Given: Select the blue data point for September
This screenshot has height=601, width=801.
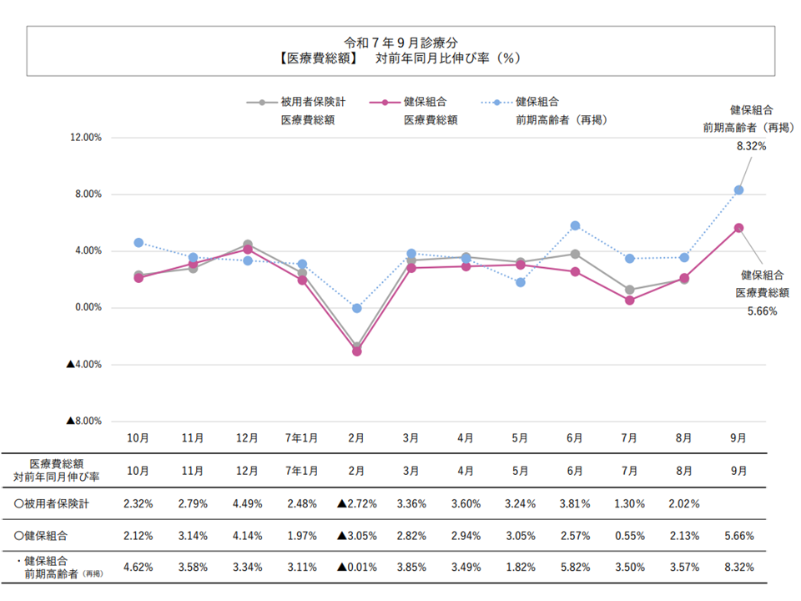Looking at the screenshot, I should (738, 190).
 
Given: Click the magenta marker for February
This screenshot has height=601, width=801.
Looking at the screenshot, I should (356, 351).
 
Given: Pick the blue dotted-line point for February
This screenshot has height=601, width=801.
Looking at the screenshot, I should (356, 308).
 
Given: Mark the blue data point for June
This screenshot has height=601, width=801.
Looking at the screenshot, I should (575, 225).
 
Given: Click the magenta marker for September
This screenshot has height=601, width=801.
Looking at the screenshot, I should (738, 228).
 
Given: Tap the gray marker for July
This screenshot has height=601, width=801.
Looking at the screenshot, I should (629, 290).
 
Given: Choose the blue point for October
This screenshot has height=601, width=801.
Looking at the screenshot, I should (139, 243).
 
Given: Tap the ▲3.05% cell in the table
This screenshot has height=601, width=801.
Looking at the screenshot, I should (356, 535).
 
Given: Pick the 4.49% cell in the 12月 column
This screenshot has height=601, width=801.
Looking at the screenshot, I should (248, 504).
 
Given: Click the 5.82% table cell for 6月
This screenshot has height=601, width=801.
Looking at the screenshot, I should (575, 567).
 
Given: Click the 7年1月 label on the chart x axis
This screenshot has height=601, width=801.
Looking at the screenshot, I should (302, 437).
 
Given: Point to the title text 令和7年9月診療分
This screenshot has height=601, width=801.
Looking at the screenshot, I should (400, 42).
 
